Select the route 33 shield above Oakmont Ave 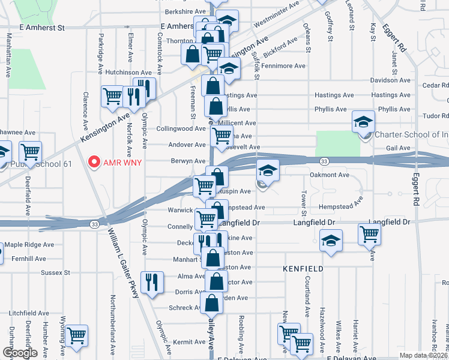click(324, 162)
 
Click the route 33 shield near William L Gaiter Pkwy click(95, 224)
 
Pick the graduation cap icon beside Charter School click(363, 122)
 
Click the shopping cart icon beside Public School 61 click(29, 152)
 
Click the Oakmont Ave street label click(329, 175)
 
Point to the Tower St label click(304, 205)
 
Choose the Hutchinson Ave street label click(122, 72)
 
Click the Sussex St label click(56, 272)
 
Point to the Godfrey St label click(330, 28)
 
